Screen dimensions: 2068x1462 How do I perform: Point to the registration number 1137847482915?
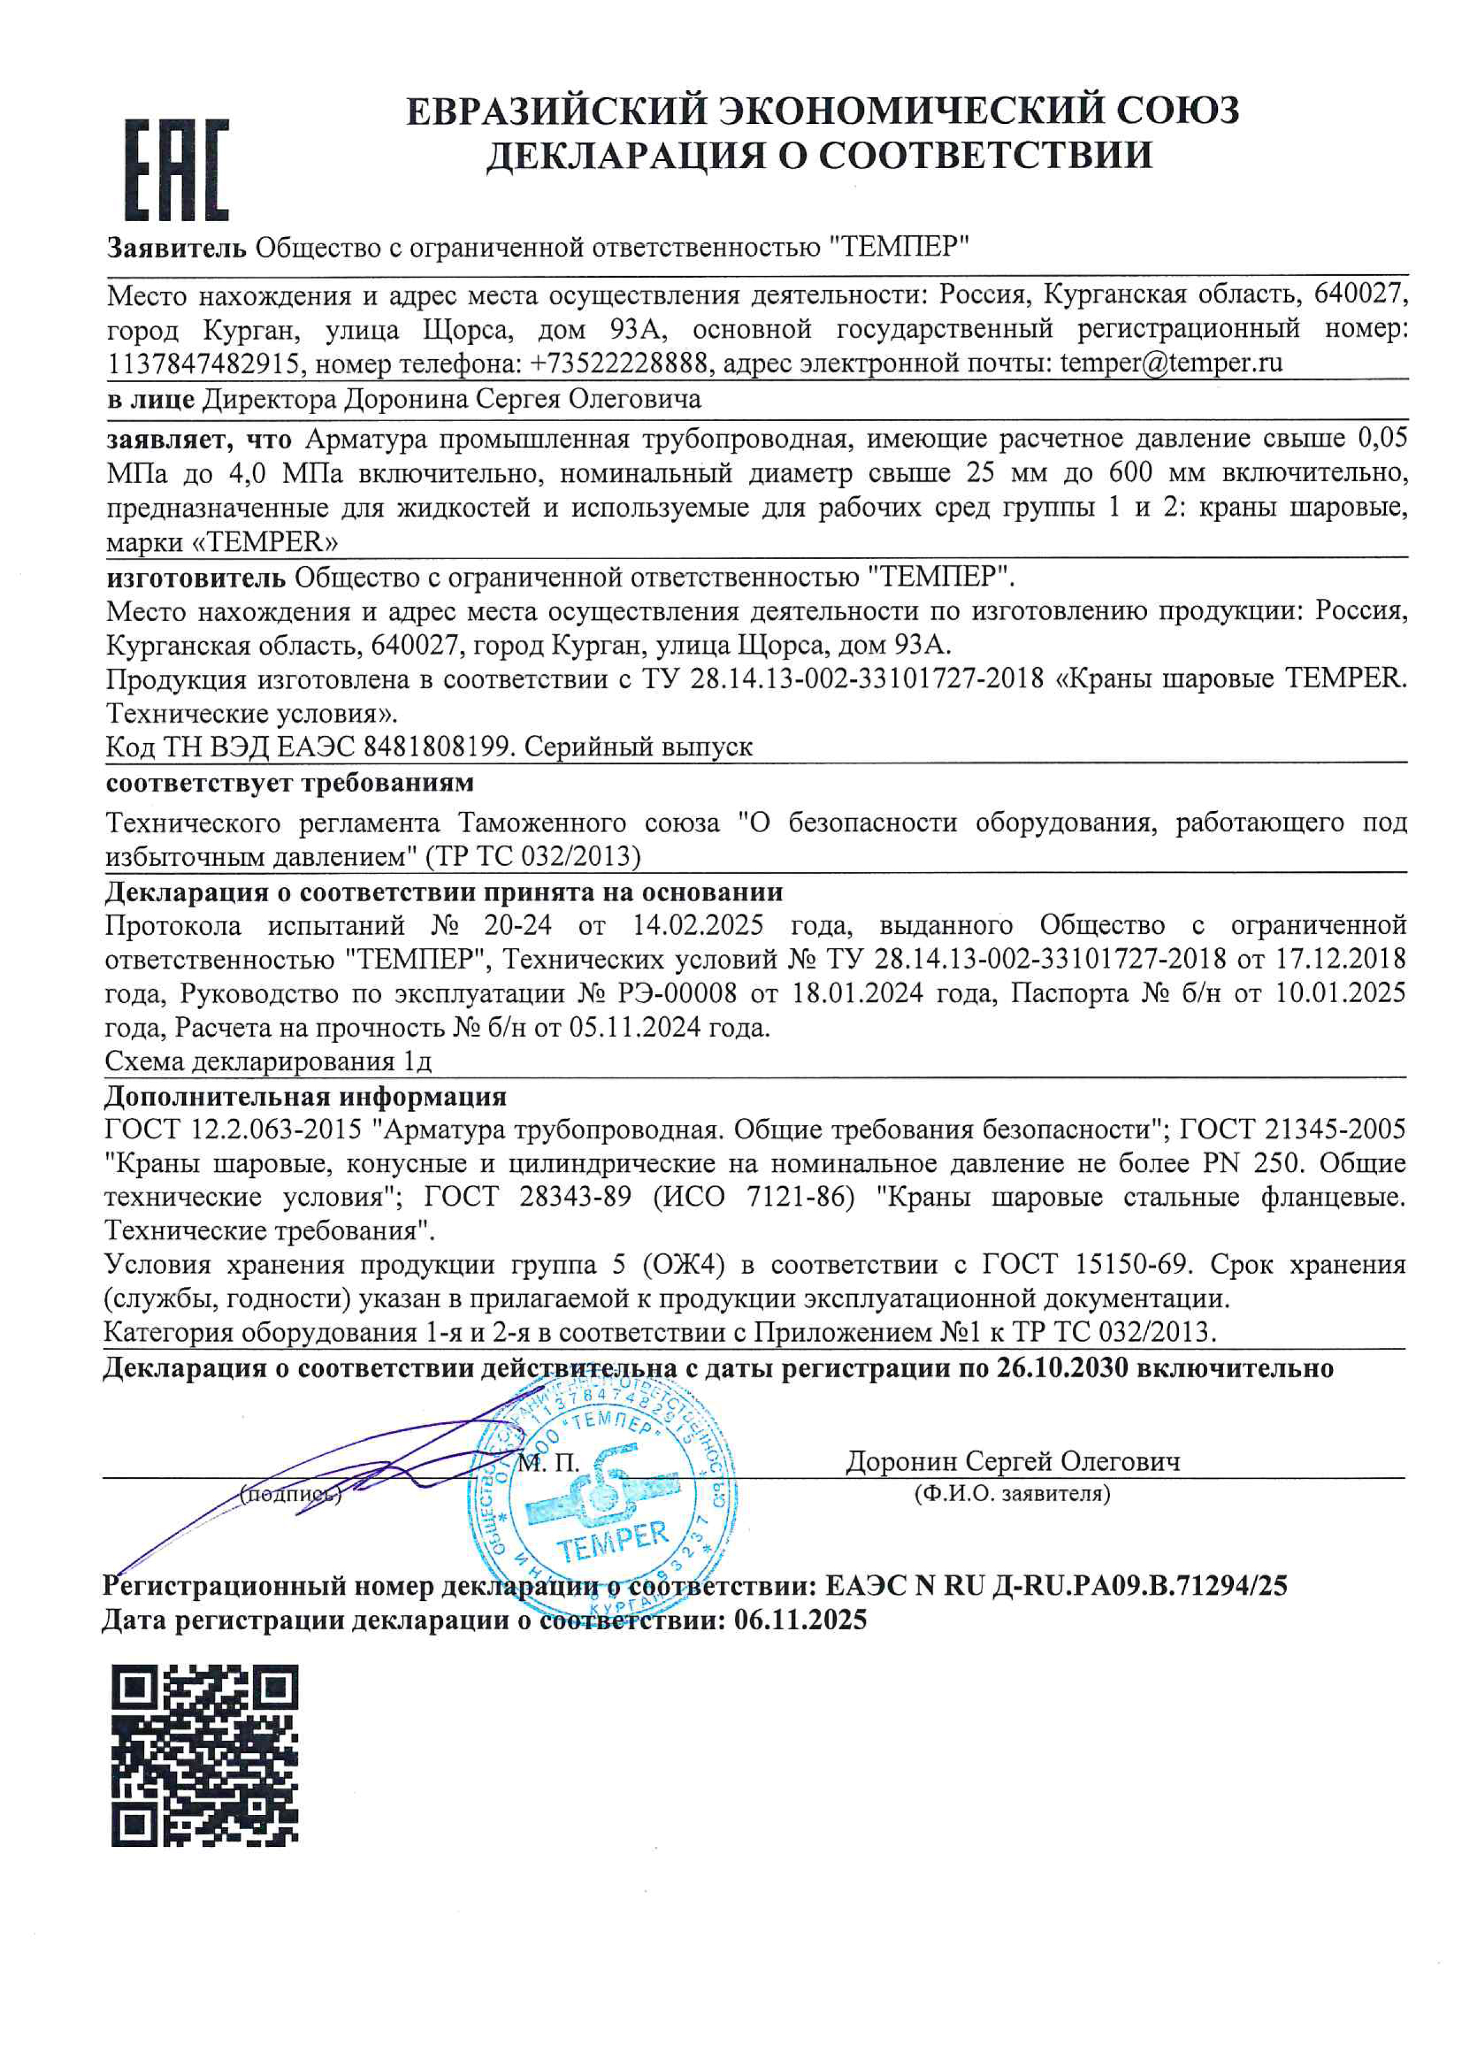pyautogui.click(x=203, y=364)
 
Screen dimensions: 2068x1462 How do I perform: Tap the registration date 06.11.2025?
pyautogui.click(x=800, y=1620)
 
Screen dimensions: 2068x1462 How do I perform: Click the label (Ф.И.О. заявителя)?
pyautogui.click(x=1011, y=1494)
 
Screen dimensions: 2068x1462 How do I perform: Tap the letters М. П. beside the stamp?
pyautogui.click(x=548, y=1463)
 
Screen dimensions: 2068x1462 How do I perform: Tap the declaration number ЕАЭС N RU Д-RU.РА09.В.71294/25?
pyautogui.click(x=1056, y=1586)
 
